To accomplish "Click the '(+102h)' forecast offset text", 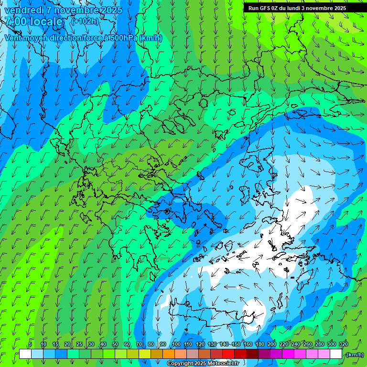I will (x=85, y=21).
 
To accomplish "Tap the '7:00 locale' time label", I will (x=33, y=22).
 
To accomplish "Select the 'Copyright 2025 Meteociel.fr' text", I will (x=203, y=364).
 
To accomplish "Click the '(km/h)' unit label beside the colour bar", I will (x=354, y=354).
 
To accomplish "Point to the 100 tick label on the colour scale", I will (x=176, y=345).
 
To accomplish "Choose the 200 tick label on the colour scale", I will (x=272, y=345).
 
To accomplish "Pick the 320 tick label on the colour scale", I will (x=343, y=345).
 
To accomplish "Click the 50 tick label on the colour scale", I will (x=115, y=345).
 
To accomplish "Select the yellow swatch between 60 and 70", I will (x=133, y=354).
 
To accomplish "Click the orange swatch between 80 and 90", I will (x=157, y=354).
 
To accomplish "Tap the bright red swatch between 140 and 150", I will (x=228, y=354).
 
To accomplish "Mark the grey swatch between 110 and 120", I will (x=193, y=354).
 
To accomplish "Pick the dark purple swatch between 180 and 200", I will (x=264, y=354).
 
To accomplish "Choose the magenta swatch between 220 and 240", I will (x=288, y=354).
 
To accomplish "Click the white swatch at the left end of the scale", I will (x=25, y=354).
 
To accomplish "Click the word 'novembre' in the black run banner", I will (x=321, y=8).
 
